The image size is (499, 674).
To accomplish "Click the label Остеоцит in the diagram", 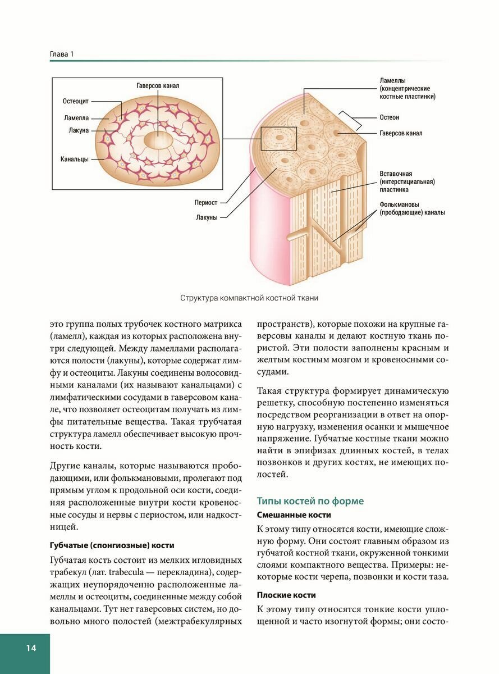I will point(76,102).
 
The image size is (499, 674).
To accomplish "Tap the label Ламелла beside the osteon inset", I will point(76,119).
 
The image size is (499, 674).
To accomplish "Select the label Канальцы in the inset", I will point(75,159).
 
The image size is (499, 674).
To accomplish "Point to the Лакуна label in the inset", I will point(79,130).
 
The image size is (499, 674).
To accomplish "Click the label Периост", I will point(206,203).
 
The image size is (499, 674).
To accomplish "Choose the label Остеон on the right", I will point(390,117).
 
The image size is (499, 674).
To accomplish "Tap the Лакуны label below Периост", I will point(207,217).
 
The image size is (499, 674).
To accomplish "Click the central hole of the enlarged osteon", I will point(158,139).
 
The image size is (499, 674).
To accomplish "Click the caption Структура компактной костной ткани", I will point(249,298).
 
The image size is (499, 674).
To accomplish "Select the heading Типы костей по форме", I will point(310,500).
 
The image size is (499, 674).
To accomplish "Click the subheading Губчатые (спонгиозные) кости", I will point(112,545).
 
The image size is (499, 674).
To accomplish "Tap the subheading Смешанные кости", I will point(294,514).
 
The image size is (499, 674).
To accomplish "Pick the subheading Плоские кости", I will point(286,595).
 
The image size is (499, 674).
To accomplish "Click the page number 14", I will point(30,648).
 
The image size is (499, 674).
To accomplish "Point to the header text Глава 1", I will point(62,54).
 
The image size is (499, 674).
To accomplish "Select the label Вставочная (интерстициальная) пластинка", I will point(407,181).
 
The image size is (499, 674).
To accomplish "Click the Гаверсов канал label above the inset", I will point(158,86).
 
